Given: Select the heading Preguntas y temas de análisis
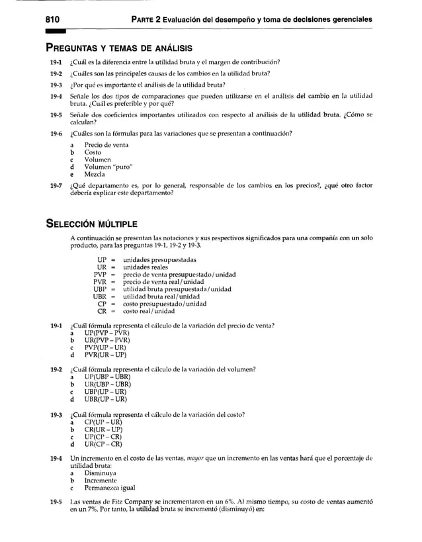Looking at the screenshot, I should pyautogui.click(x=119, y=48).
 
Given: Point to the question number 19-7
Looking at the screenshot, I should pyautogui.click(x=56, y=186).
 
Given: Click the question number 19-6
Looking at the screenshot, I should pyautogui.click(x=56, y=133).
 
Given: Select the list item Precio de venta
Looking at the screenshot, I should pyautogui.click(x=106, y=144).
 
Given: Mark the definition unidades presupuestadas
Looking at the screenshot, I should pyautogui.click(x=159, y=259).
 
